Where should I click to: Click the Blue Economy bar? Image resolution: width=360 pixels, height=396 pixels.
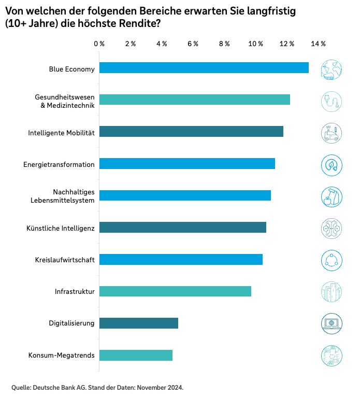coord(204,68)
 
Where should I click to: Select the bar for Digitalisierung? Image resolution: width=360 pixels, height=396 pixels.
coord(138,323)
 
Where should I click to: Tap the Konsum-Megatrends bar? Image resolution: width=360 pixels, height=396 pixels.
coord(136,356)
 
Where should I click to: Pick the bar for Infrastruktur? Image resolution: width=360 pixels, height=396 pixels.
coord(175,291)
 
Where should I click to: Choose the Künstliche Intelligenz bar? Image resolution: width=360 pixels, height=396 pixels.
coord(182,228)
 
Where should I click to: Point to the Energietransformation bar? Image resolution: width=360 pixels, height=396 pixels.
coord(187,164)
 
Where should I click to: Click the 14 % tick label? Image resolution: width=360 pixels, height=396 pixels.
coord(318,44)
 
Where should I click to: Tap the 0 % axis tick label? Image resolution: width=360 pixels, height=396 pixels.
coord(99,44)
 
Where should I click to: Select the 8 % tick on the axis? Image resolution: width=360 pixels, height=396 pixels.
coord(224,44)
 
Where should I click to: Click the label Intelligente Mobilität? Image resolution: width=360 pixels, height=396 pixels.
coord(61,133)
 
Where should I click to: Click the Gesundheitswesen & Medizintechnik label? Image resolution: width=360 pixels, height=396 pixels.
coord(65,101)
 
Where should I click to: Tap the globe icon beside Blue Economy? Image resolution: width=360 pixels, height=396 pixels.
coord(332,69)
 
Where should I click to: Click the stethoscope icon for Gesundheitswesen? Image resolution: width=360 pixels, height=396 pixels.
coord(332,101)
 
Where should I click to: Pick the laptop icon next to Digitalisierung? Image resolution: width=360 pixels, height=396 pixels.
coord(332,323)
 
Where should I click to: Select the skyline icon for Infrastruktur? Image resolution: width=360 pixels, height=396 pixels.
coord(332,292)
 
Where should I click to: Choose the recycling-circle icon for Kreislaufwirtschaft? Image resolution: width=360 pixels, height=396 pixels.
coord(332,260)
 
